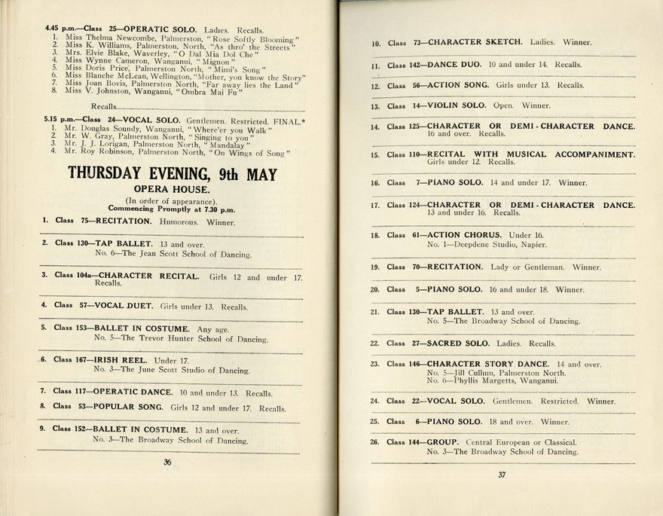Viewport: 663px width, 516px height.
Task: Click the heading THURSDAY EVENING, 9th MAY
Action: tap(172, 173)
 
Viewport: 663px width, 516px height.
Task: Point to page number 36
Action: tap(167, 463)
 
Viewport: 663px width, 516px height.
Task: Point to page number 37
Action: tap(501, 475)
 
